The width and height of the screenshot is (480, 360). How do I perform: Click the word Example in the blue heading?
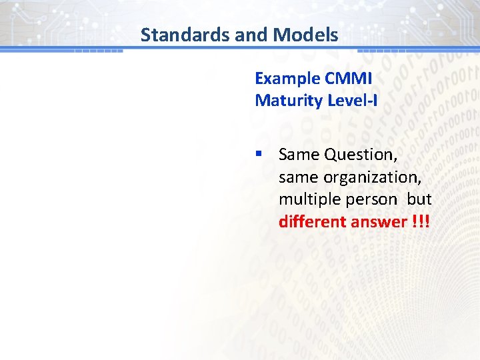(287, 78)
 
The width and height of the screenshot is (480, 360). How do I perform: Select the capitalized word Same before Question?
(299, 155)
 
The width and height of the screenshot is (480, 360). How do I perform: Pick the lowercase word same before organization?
(298, 177)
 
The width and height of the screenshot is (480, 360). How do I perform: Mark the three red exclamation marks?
(420, 221)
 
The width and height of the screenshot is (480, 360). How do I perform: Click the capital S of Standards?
(146, 35)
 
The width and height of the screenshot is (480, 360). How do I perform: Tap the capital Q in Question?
(331, 155)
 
